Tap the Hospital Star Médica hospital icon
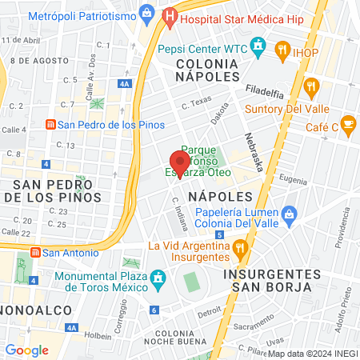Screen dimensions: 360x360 (x=169, y=15)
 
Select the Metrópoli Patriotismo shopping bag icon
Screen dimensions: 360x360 (x=146, y=12)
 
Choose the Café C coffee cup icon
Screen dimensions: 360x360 (x=348, y=123)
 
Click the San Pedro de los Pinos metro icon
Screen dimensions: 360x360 (x=50, y=124)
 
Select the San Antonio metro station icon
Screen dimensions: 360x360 (x=34, y=252)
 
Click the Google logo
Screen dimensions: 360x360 (x=26, y=350)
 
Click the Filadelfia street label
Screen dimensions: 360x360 (x=266, y=90)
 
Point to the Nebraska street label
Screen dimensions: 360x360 (x=254, y=151)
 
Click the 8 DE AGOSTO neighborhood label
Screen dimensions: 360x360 (x=40, y=60)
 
